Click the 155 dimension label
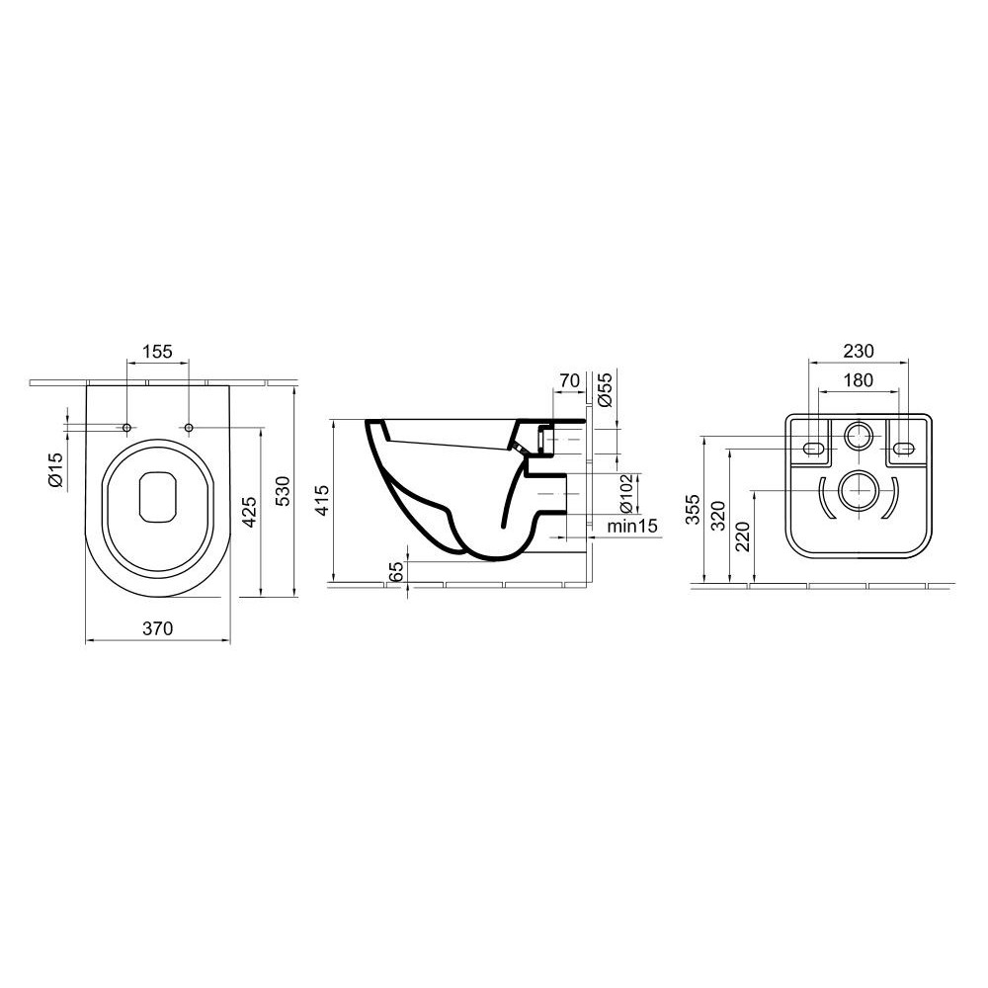[x=157, y=352]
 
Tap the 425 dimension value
[x=250, y=512]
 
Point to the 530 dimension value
[x=284, y=491]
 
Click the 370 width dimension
[x=157, y=628]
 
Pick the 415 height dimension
[x=322, y=500]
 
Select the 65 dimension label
[x=396, y=573]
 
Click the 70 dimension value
[x=569, y=380]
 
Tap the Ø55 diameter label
[x=605, y=389]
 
